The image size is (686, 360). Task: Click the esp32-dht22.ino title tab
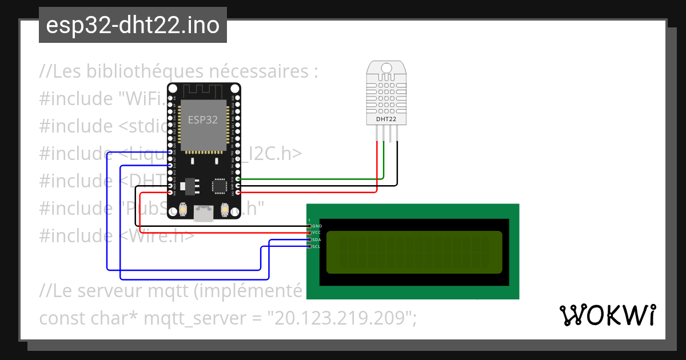point(133,25)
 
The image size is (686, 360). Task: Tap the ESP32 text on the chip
point(203,120)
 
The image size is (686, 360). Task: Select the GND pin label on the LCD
point(317,226)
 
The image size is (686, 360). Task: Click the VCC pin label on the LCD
point(317,233)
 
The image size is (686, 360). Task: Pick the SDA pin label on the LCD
point(317,240)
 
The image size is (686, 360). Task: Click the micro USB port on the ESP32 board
point(202,213)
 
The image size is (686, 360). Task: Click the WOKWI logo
point(607,315)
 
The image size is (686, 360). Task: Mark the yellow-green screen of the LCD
point(414,252)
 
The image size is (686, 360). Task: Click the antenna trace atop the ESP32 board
point(203,90)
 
